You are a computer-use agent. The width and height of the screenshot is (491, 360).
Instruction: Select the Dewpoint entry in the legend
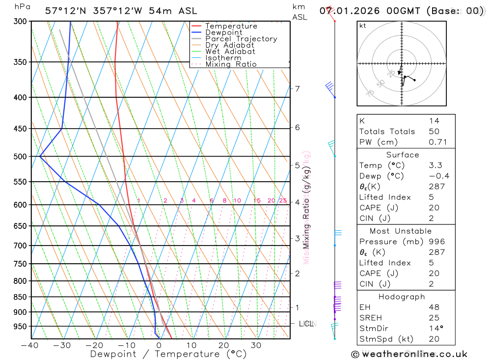click(x=223, y=33)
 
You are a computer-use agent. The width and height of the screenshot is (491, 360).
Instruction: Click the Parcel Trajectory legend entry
click(x=241, y=39)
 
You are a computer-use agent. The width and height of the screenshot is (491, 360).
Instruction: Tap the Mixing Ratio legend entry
click(x=231, y=64)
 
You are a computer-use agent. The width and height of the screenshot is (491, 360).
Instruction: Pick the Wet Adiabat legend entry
click(x=230, y=52)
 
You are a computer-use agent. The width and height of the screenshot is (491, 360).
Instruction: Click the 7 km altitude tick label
click(x=297, y=89)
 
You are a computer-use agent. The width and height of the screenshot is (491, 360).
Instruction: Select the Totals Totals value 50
click(x=434, y=132)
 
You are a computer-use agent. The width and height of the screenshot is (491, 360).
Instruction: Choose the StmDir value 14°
click(x=435, y=329)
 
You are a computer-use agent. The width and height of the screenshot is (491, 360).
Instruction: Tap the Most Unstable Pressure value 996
click(x=436, y=242)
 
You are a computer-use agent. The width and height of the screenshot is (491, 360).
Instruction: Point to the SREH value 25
click(x=434, y=318)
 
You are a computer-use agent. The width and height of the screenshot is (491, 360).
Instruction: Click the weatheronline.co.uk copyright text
click(x=409, y=354)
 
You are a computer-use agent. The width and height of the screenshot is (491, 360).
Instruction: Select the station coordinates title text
click(x=121, y=11)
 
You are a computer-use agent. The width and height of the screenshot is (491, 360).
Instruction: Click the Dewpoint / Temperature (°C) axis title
click(x=168, y=354)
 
